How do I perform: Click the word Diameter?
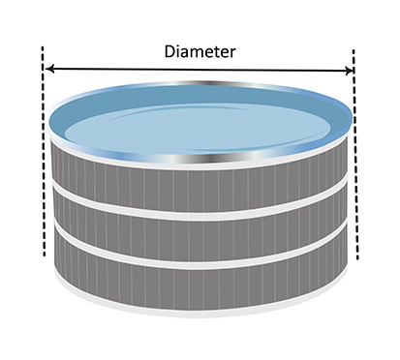(200, 51)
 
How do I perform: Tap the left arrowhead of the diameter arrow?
(49, 69)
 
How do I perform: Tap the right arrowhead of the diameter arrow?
(350, 71)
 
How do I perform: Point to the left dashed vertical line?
(44, 151)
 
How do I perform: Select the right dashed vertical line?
(355, 154)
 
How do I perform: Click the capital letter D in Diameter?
(169, 51)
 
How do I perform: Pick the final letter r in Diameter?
(233, 53)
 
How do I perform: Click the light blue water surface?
(198, 128)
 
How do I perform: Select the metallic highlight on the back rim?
(210, 83)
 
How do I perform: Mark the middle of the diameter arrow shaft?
(200, 70)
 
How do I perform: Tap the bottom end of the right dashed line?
(357, 259)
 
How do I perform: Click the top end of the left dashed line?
(43, 46)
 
